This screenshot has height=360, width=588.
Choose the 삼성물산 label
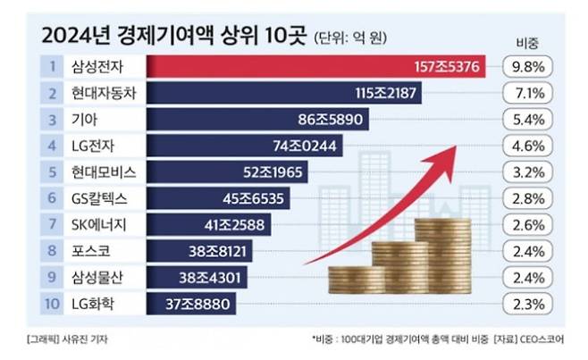point(92,278)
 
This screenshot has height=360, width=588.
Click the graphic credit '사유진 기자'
point(86,340)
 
